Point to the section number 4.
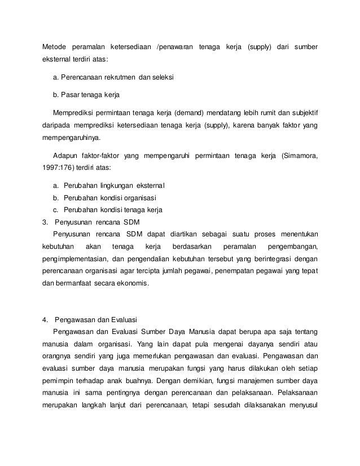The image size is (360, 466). point(45,322)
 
